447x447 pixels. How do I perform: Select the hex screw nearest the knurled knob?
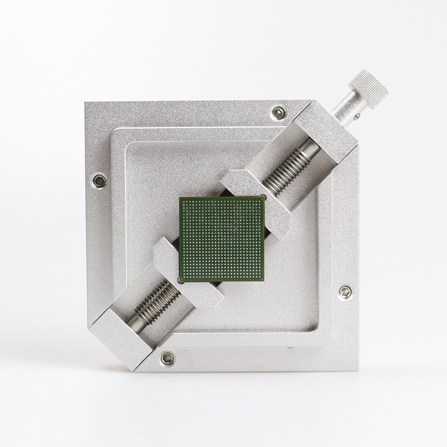click(x=279, y=112)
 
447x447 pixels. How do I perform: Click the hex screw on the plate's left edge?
click(x=99, y=180)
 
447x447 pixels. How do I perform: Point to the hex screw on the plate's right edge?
click(x=344, y=291)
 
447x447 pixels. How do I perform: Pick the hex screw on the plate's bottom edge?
click(x=167, y=359)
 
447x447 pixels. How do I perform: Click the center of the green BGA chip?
click(x=222, y=239)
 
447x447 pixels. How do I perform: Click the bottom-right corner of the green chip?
click(x=264, y=281)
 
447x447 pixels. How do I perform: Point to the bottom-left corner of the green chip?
click(x=181, y=281)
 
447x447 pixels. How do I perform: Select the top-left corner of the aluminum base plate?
click(x=86, y=102)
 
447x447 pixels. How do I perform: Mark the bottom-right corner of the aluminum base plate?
click(x=359, y=371)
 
